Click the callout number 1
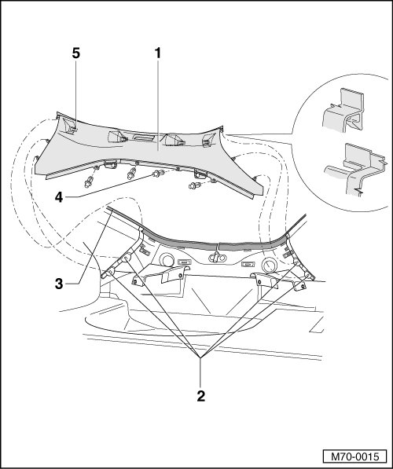157,53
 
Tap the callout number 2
201,396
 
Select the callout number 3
59,284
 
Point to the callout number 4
59,197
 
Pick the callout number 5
76,53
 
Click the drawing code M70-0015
354,456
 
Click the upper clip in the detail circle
344,110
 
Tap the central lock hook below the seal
216,257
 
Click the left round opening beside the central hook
167,259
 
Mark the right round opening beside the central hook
269,264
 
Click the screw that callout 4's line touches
158,173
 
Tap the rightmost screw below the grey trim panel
195,185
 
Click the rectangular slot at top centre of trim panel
144,138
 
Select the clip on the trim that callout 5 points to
70,128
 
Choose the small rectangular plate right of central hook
247,265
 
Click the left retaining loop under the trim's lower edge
110,164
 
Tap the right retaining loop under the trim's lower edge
200,173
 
